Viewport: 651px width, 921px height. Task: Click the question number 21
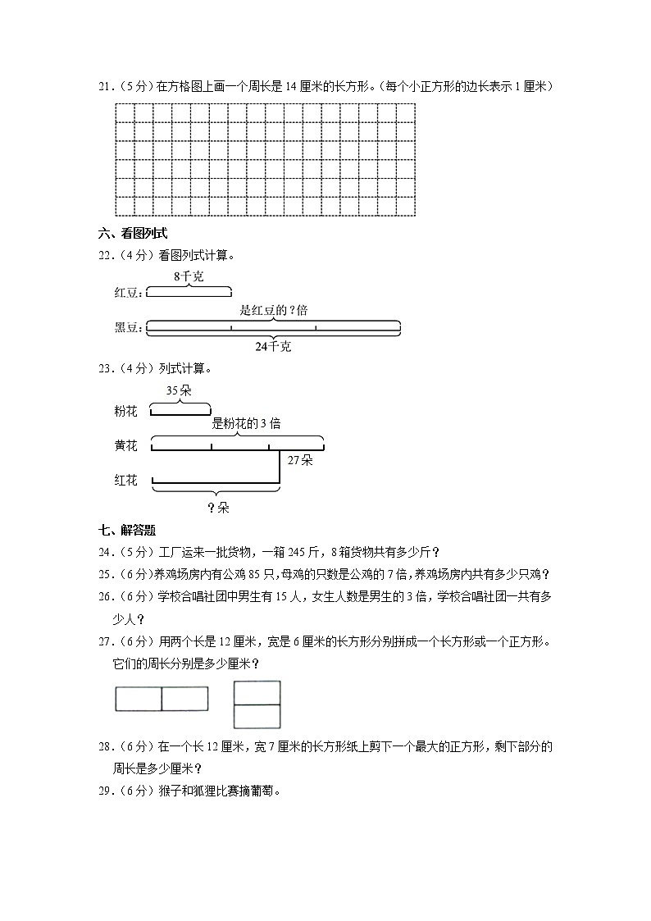click(104, 86)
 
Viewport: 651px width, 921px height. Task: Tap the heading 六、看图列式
click(132, 234)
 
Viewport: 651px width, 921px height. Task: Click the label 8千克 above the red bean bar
click(189, 276)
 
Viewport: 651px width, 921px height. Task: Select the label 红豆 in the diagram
click(128, 292)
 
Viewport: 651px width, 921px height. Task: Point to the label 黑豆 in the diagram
click(128, 328)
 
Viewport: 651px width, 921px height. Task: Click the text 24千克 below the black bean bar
click(272, 347)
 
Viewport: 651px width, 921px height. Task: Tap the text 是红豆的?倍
click(274, 311)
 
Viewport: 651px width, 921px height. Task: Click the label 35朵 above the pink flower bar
click(179, 390)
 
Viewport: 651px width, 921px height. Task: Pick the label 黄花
click(126, 445)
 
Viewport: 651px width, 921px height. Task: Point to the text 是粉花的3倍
click(246, 424)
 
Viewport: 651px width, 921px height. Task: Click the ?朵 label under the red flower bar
click(218, 508)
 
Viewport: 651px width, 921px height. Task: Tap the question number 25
click(104, 573)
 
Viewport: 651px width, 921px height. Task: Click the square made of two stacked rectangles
click(257, 704)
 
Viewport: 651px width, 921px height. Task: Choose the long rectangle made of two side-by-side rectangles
click(162, 699)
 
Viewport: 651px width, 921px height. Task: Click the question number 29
click(104, 791)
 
